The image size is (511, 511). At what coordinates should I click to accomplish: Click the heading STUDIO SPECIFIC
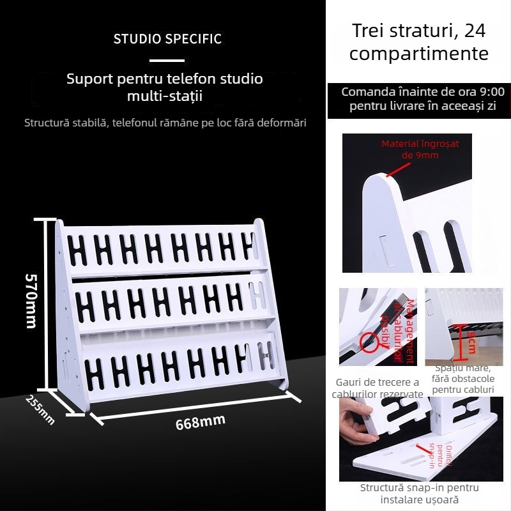click(x=167, y=39)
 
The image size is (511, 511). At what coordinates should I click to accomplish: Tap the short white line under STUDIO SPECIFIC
click(x=167, y=61)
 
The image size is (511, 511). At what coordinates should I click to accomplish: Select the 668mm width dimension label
click(x=200, y=422)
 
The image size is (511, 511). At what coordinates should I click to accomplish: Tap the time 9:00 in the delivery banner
click(x=492, y=92)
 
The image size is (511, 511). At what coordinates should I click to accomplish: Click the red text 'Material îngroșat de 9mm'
click(x=420, y=149)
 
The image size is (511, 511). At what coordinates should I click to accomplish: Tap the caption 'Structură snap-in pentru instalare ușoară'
click(x=419, y=494)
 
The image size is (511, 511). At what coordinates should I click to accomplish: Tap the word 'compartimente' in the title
click(x=418, y=54)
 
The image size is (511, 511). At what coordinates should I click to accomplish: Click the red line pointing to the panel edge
click(x=398, y=169)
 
